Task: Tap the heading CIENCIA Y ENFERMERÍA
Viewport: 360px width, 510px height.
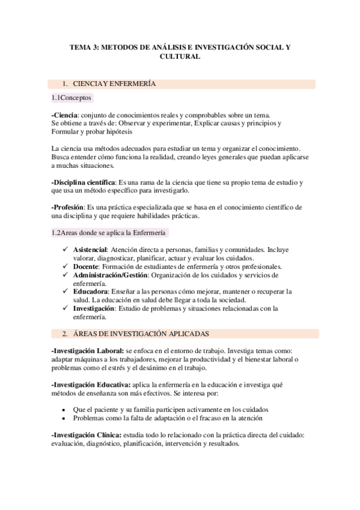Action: pyautogui.click(x=114, y=84)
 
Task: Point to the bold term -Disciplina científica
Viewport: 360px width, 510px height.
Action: pyautogui.click(x=84, y=182)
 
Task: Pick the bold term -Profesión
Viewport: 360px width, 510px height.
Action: pyautogui.click(x=68, y=207)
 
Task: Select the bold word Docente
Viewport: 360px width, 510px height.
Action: pyautogui.click(x=86, y=266)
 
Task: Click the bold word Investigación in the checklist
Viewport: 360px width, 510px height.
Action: pyautogui.click(x=94, y=309)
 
